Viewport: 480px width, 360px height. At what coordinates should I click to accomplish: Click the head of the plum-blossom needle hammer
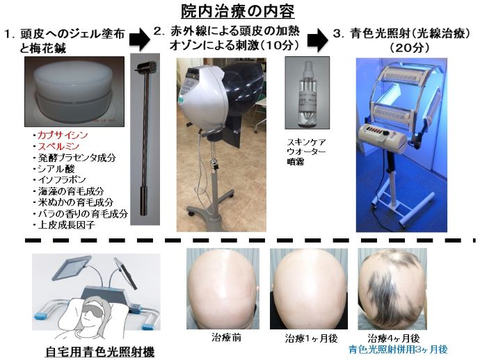(145, 68)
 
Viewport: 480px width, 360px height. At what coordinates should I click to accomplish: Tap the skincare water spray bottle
(303, 97)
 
